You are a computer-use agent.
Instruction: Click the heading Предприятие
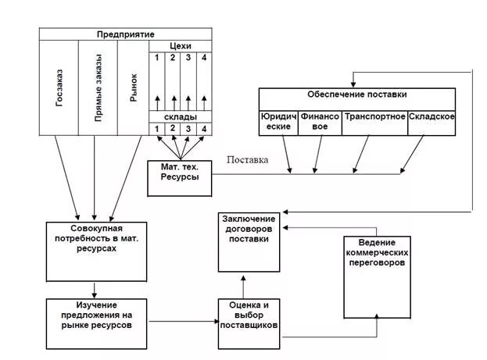point(126,34)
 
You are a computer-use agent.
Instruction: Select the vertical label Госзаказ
point(59,87)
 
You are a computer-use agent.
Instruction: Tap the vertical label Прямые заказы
point(98,87)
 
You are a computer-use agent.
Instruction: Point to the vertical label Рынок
point(133,87)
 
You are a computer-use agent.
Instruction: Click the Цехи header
point(181,46)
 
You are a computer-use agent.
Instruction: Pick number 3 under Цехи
point(188,58)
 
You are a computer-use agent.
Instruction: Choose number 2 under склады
point(173,128)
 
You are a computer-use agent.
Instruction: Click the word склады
point(181,117)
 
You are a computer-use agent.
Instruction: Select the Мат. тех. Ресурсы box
point(180,179)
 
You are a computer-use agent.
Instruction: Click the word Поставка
point(247,160)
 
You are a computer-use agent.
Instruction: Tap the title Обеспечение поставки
point(357,94)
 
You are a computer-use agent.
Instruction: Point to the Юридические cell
point(278,123)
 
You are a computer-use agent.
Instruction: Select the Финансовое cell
point(320,123)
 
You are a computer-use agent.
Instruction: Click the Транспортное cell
point(375,123)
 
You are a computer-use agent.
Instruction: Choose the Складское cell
point(431,123)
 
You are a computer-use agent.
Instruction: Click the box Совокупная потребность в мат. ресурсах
point(97,251)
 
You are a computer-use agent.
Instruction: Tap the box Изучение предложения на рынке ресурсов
point(97,324)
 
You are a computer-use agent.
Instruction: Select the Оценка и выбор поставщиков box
point(249,324)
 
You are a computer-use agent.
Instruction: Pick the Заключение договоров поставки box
point(249,242)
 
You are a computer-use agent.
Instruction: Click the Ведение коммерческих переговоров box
point(377,277)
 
